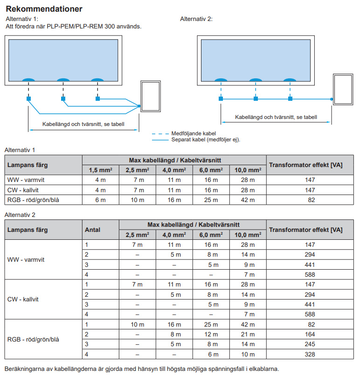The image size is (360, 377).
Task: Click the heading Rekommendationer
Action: [44, 9]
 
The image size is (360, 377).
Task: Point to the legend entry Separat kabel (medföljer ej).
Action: [208, 140]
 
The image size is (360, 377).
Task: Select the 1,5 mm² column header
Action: [100, 170]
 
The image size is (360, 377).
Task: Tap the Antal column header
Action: [92, 230]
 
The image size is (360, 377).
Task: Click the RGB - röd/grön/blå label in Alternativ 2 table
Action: [33, 340]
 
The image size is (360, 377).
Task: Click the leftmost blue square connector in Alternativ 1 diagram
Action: [28, 99]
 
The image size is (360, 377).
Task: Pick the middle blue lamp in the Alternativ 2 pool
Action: [255, 79]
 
